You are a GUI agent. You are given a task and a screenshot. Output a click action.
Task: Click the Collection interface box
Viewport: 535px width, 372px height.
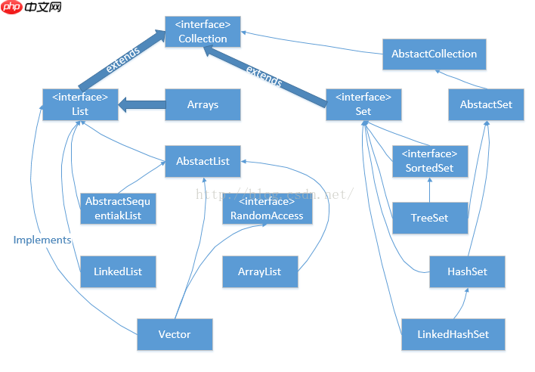pyautogui.click(x=203, y=32)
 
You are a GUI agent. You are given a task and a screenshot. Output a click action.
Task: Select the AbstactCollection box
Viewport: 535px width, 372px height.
pyautogui.click(x=434, y=54)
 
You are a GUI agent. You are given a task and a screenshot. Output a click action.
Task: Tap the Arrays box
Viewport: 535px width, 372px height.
pyautogui.click(x=203, y=104)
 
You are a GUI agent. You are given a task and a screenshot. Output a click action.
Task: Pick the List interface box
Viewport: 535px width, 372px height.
pyautogui.click(x=80, y=104)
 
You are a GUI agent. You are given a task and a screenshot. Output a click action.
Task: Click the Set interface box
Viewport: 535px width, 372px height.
pyautogui.click(x=363, y=104)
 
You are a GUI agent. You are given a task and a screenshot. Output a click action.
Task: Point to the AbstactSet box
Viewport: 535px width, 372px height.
pyautogui.click(x=486, y=104)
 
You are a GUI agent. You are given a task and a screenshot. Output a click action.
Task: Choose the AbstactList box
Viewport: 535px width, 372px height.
pyautogui.click(x=203, y=161)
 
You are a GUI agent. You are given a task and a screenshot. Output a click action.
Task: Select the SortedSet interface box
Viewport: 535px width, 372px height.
pyautogui.click(x=430, y=161)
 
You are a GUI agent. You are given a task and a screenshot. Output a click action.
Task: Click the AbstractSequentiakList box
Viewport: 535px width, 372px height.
pyautogui.click(x=118, y=209)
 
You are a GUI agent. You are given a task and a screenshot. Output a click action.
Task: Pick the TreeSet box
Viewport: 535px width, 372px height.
pyautogui.click(x=430, y=218)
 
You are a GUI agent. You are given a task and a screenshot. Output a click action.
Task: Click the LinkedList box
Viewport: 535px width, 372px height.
pyautogui.click(x=118, y=271)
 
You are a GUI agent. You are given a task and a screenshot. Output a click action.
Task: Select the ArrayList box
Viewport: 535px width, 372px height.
pyautogui.click(x=260, y=271)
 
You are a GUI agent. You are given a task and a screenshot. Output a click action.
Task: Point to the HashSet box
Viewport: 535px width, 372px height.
pyautogui.click(x=467, y=271)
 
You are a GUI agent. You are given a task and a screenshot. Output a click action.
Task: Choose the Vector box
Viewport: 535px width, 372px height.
pyautogui.click(x=175, y=334)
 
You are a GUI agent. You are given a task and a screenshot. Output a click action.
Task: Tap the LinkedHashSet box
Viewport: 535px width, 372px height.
pyautogui.click(x=453, y=334)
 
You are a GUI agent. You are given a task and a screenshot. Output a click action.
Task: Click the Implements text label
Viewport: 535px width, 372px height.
pyautogui.click(x=42, y=240)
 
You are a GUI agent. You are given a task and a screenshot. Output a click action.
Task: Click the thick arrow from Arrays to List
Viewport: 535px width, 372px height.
pyautogui.click(x=142, y=105)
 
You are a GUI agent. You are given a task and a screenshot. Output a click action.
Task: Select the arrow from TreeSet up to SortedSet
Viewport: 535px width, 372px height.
pyautogui.click(x=429, y=190)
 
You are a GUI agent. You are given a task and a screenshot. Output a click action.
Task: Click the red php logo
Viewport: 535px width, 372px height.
pyautogui.click(x=12, y=7)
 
